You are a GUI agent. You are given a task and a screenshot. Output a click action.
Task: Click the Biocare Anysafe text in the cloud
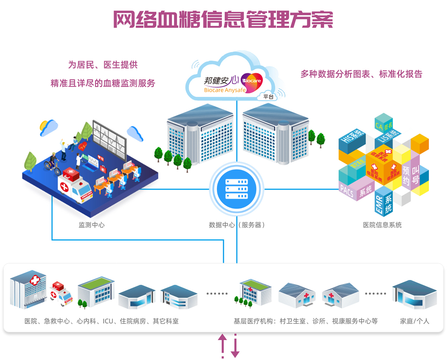click(228, 90)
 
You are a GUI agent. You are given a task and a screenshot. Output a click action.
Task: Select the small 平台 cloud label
click(268, 97)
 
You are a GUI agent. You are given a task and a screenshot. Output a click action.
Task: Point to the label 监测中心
click(91, 225)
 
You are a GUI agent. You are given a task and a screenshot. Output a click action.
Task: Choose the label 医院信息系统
click(382, 225)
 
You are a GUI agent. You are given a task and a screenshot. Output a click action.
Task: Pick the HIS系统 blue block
click(352, 141)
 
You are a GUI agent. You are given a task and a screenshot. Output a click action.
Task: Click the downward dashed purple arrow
click(235, 346)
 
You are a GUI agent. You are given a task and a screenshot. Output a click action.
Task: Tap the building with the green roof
click(96, 292)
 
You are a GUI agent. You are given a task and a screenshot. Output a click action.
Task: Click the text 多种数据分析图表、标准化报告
click(361, 74)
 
